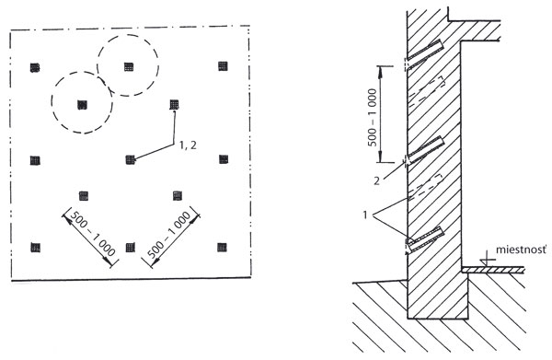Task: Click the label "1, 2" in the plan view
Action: point(188,145)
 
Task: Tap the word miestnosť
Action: point(522,250)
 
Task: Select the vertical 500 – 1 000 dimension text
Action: point(373,117)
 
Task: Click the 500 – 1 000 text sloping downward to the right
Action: point(93,233)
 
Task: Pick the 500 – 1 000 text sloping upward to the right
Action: point(169,235)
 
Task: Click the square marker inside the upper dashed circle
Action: point(129,66)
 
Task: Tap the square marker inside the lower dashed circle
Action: point(82,105)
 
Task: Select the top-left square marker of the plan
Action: point(35,67)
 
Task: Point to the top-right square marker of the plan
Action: point(223,66)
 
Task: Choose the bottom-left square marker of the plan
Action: point(35,248)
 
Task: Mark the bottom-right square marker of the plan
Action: point(222,248)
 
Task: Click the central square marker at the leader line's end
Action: point(131,160)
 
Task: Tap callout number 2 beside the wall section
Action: point(376,181)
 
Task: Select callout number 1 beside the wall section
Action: point(365,215)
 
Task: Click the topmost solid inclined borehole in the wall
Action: point(424,54)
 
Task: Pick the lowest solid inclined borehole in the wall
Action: point(425,239)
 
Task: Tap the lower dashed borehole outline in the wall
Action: point(426,187)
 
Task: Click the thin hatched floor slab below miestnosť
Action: point(493,270)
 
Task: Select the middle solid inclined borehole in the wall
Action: point(425,150)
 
